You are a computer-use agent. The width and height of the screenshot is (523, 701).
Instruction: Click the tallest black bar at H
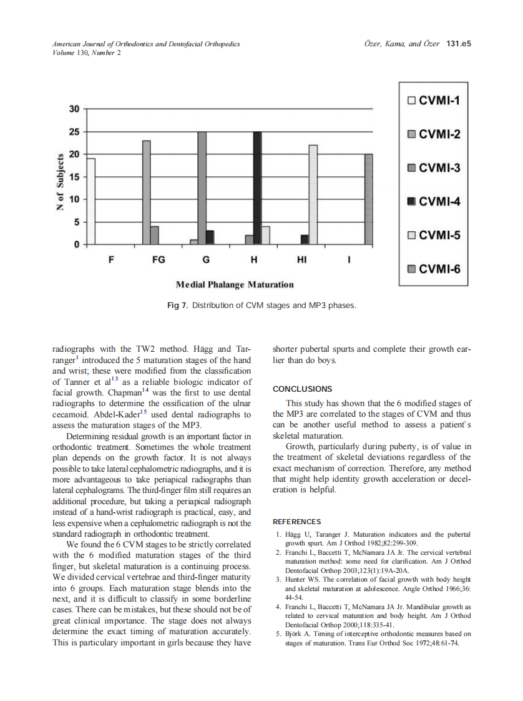coord(257,188)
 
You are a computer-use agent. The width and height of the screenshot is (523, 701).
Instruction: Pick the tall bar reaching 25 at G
coord(202,188)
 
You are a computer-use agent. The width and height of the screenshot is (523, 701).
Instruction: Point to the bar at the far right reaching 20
coord(368,199)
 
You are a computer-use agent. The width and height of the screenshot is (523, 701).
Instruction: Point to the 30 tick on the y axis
coord(74,109)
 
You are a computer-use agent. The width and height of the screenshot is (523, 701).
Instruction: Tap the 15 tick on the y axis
coord(74,177)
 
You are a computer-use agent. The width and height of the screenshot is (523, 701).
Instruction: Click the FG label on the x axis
coord(159,260)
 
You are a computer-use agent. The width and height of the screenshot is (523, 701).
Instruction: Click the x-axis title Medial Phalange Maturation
coord(235,285)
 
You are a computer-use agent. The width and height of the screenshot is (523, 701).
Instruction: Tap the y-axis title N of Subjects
coord(61,182)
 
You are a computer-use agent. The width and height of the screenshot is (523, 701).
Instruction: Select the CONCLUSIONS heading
coord(303,389)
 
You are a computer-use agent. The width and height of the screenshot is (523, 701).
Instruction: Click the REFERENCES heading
coord(297,522)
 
